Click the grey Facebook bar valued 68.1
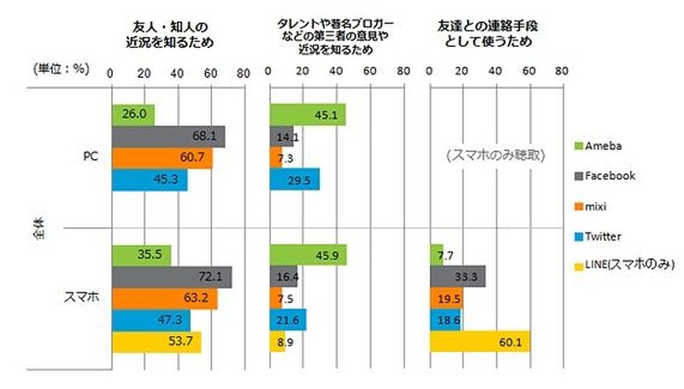point(168,137)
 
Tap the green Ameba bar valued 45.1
point(307,115)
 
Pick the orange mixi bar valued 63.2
point(164,298)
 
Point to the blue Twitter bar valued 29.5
point(294,180)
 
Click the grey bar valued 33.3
point(457,276)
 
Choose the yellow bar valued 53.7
point(156,342)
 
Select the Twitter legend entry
point(608,237)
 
